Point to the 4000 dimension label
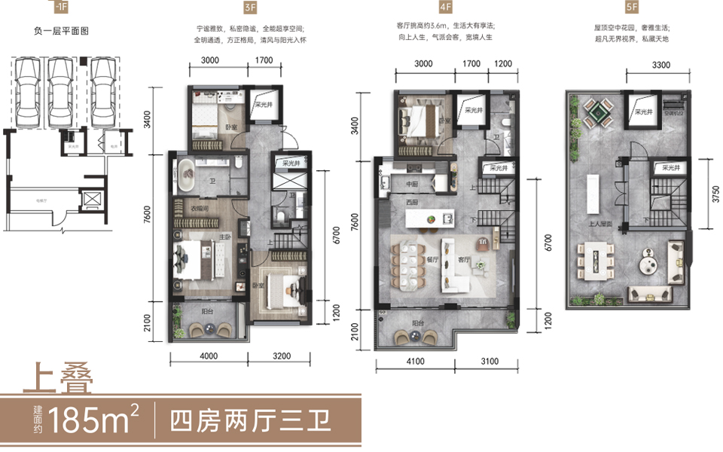pos(209,356)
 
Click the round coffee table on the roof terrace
pos(647,264)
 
